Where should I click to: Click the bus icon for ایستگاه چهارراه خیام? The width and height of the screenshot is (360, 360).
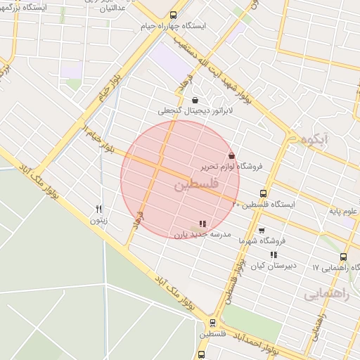174,15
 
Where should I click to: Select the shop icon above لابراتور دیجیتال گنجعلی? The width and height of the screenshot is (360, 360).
195,100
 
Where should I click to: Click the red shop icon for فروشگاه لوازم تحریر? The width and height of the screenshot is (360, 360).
232,155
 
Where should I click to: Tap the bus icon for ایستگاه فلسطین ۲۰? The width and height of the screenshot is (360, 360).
264,193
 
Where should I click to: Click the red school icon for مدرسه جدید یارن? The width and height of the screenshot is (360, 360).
203,223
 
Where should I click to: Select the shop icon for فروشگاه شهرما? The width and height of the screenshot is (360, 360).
262,230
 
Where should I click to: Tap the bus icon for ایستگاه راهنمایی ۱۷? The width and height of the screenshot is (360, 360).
344,257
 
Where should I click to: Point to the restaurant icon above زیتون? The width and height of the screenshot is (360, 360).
99,208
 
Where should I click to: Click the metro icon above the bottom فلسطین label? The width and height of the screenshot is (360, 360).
212,323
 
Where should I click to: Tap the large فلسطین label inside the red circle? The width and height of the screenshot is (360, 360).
195,185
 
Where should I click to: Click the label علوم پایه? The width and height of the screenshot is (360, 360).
344,210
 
